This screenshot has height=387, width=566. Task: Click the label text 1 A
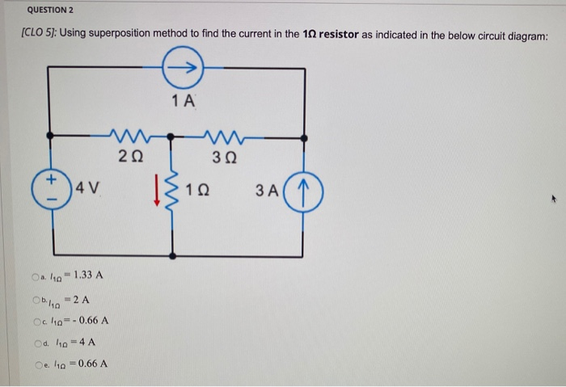[x=184, y=101]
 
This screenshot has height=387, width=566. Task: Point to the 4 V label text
[x=87, y=191]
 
